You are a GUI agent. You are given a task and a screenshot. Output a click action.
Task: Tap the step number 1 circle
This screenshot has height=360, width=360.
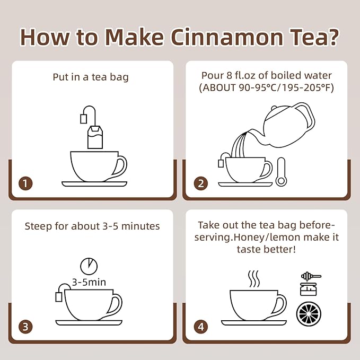click(25, 183)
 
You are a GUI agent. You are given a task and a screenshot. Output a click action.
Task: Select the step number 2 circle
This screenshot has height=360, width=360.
click(200, 183)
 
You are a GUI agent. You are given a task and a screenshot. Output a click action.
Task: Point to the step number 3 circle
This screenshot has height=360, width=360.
click(25, 326)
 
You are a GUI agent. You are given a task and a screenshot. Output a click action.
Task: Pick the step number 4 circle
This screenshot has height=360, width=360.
click(200, 326)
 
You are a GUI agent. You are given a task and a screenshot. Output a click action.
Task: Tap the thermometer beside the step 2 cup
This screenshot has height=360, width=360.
click(280, 172)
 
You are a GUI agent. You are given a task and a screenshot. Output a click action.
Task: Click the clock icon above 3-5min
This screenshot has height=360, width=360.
click(89, 266)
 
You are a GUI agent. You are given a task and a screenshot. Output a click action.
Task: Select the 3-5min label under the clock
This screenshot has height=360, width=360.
click(89, 282)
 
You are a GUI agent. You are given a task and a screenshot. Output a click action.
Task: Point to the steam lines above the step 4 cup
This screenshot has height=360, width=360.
click(254, 279)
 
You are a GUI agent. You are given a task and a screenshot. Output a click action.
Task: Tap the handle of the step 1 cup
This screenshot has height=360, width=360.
click(120, 166)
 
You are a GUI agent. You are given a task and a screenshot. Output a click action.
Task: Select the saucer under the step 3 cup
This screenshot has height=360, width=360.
click(89, 322)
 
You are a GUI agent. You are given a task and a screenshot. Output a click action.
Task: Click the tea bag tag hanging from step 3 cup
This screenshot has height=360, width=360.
click(58, 296)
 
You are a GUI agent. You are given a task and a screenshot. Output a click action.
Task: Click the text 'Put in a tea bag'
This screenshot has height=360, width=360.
click(91, 77)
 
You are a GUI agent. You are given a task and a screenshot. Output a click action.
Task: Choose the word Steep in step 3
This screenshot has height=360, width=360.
click(38, 226)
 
